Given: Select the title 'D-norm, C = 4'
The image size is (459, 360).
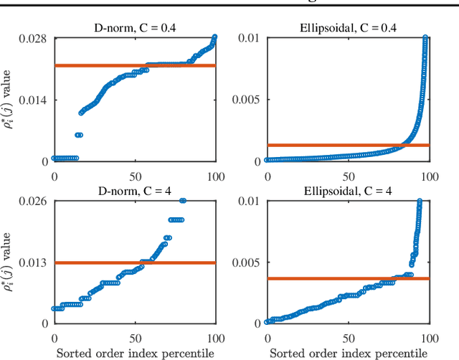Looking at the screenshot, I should point(135,191).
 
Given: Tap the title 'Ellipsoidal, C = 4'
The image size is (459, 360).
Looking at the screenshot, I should point(348,191).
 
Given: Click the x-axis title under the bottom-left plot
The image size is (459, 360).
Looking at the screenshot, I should point(135,353).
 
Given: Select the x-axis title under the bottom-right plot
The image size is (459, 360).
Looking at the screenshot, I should point(348,353).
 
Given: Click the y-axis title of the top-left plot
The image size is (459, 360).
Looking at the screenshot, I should point(9,100).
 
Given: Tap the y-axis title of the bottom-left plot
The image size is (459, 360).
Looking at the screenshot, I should point(9,262).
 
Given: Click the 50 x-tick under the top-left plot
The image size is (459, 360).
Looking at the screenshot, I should point(135,175).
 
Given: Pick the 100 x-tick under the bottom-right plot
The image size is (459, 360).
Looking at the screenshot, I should point(428,338).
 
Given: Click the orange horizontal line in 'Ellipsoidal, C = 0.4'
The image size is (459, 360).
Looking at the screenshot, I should point(323,145).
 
